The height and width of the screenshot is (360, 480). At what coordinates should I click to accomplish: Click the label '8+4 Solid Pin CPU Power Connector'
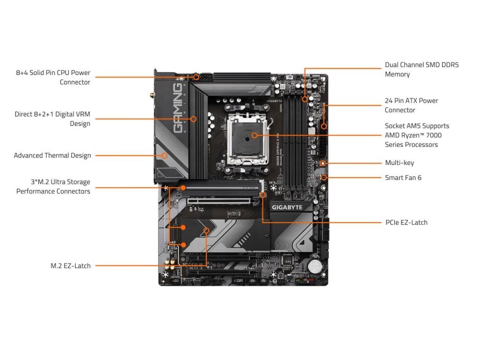click(x=53, y=77)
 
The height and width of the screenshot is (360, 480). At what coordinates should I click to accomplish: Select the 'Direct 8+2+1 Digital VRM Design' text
click(x=52, y=118)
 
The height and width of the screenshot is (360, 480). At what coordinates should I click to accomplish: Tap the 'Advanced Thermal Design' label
click(x=53, y=155)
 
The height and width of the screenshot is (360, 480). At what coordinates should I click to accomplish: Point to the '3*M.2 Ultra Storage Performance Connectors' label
click(x=53, y=186)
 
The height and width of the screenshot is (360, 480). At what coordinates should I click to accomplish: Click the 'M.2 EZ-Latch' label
click(x=70, y=265)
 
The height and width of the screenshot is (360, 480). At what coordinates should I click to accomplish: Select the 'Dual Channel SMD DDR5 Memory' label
click(x=421, y=69)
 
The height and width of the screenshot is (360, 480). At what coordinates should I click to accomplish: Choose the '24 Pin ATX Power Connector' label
click(x=411, y=105)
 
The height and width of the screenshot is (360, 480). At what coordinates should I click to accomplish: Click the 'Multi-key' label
click(x=399, y=163)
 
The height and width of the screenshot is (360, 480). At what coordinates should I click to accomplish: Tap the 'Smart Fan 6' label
click(x=403, y=178)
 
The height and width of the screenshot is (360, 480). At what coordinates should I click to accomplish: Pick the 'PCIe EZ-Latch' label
click(x=406, y=222)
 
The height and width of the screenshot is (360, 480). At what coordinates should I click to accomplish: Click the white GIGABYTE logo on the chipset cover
click(x=292, y=208)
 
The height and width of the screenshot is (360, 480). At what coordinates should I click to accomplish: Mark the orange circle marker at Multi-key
click(x=323, y=163)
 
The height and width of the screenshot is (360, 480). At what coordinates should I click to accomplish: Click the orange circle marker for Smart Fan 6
click(x=324, y=178)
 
